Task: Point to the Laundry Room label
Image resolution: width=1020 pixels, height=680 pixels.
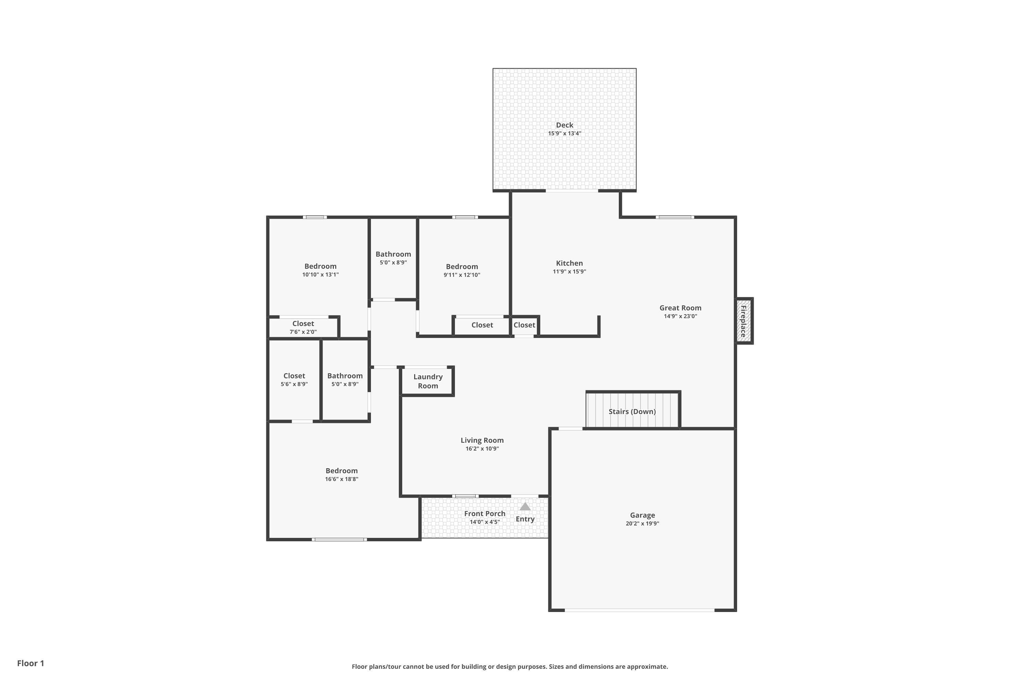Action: click(428, 381)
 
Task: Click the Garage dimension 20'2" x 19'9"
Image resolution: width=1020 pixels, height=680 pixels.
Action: click(642, 524)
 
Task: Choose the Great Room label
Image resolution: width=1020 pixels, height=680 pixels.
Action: click(680, 308)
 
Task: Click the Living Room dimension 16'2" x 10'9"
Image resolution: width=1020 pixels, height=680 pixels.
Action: click(482, 448)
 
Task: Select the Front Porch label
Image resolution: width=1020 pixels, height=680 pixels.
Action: click(485, 513)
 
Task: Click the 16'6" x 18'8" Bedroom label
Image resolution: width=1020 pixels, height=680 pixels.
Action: click(341, 471)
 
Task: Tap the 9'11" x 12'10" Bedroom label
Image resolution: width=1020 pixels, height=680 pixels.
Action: click(461, 267)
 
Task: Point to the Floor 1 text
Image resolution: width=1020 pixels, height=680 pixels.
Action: click(30, 663)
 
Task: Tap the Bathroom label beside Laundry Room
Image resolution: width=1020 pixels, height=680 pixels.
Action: click(345, 376)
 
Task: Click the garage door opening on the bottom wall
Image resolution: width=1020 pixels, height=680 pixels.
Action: click(639, 610)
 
